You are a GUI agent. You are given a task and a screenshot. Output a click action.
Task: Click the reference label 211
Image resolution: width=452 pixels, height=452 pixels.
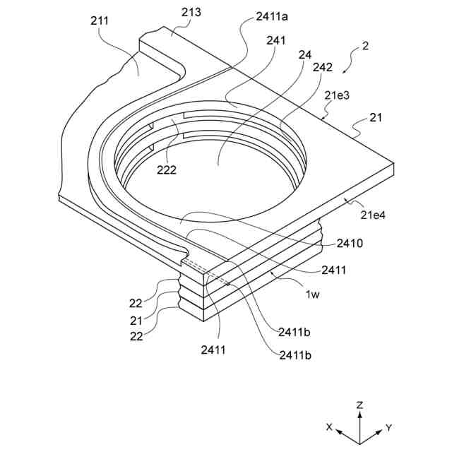(100, 20)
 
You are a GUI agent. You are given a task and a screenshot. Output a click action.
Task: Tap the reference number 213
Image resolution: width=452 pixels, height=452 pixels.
(191, 12)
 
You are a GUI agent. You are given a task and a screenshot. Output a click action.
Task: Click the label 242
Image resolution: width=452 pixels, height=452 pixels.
(322, 69)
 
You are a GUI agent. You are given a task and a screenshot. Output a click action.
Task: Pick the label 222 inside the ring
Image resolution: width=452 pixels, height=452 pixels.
(167, 169)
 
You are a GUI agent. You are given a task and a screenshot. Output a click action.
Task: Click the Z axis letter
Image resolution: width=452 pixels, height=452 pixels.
(359, 405)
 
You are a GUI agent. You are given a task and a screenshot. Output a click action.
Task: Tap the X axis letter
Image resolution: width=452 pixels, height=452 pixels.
(328, 427)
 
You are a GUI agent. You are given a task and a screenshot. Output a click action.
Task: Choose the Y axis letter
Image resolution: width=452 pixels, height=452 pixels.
(389, 427)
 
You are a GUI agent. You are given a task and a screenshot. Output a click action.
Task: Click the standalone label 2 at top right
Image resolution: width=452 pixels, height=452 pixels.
(365, 47)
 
